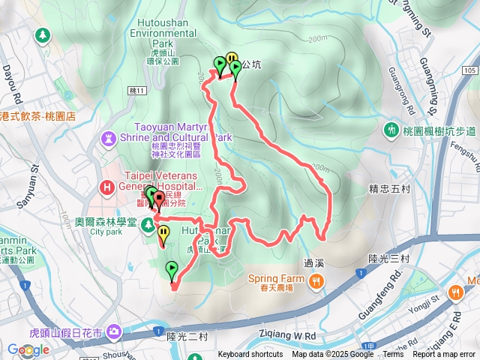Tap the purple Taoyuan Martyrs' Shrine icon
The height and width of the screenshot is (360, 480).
click(x=109, y=138)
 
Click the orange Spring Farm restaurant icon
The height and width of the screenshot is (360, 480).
click(x=317, y=282)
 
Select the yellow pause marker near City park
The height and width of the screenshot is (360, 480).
click(x=163, y=234)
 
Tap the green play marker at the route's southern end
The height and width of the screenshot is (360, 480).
click(x=172, y=269)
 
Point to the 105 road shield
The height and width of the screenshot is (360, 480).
click(x=470, y=70)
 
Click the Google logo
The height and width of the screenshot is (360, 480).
click(x=28, y=349)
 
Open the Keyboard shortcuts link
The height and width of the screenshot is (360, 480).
click(x=250, y=355)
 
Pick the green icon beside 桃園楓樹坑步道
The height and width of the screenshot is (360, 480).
click(x=391, y=130)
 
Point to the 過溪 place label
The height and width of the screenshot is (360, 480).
click(x=313, y=263)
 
